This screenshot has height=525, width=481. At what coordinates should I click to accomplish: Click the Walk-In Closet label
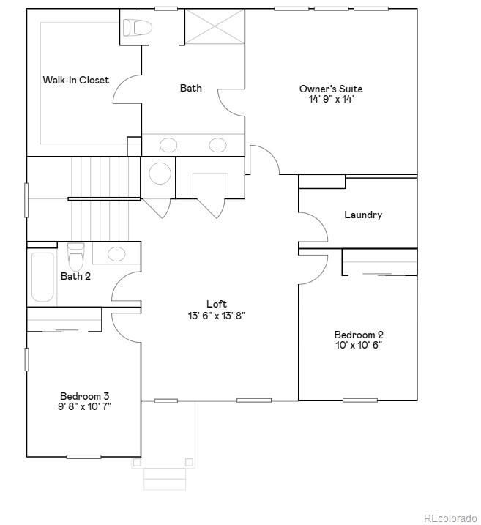point(75,80)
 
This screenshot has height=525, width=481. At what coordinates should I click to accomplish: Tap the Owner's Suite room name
point(331,89)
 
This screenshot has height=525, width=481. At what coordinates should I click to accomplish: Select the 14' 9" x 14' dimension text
point(331,100)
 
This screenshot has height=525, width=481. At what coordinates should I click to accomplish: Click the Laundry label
point(363,215)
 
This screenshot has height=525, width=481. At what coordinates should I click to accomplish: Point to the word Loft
point(217,304)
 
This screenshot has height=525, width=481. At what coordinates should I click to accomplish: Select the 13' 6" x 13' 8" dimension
point(217,316)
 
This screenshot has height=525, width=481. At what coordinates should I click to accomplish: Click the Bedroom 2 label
point(359,335)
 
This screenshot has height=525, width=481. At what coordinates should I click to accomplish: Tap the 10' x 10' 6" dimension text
point(359,346)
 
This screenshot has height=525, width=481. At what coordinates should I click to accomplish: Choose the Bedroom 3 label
point(85,396)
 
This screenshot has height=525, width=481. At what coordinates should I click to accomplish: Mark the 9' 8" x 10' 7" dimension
point(85,406)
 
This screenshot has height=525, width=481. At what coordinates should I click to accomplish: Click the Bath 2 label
point(75,276)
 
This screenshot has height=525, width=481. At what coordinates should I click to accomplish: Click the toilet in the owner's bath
point(136,28)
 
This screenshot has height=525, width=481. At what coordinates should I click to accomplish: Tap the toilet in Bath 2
point(75,257)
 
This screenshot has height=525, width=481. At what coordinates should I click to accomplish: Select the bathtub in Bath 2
point(42,277)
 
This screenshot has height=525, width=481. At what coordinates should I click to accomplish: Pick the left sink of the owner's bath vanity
point(169,144)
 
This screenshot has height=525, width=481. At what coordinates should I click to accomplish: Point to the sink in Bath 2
point(116,254)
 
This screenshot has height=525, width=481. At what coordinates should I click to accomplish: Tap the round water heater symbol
point(160,174)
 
